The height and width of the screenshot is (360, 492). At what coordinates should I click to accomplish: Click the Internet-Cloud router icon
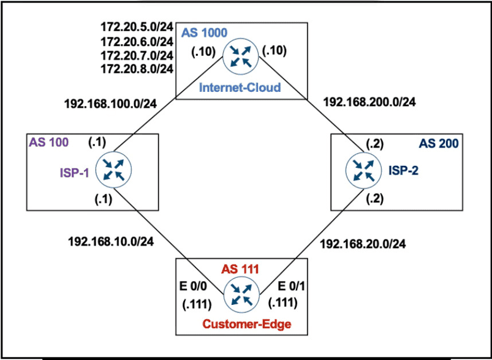pos(240,54)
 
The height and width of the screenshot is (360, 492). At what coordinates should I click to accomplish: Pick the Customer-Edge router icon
pos(240,295)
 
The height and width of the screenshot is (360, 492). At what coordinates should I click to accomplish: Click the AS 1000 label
pos(199,32)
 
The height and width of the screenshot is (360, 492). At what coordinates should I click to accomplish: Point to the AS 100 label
pos(48,142)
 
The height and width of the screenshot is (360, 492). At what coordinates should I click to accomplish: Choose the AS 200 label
pos(439,143)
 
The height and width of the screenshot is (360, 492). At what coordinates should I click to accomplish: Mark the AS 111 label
pos(240,268)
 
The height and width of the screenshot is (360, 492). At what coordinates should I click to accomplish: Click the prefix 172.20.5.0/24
pos(137,28)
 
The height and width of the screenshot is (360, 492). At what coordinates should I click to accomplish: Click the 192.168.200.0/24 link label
pos(369,102)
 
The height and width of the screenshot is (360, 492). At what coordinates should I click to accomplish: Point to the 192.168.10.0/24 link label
pos(110,241)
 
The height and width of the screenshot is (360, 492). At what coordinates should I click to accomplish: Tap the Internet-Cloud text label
pos(240,88)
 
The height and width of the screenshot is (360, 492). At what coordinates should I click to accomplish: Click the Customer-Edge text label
pos(240,324)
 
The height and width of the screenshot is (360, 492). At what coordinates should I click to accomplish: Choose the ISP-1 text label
pos(75,173)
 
